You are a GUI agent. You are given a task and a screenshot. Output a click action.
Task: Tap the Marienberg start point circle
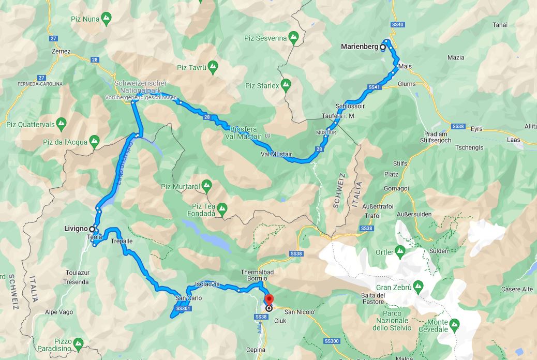(383, 47)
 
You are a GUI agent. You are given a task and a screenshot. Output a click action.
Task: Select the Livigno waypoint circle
(92, 229)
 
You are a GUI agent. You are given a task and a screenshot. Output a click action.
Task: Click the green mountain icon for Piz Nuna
(106, 20)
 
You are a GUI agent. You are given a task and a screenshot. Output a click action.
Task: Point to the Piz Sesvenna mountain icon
(293, 37)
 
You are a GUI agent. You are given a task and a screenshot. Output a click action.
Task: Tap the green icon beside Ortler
(400, 252)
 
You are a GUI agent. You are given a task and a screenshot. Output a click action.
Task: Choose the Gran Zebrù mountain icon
(419, 286)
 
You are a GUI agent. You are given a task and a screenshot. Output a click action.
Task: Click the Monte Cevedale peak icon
(455, 325)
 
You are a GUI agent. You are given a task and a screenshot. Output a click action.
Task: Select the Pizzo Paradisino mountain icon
(78, 343)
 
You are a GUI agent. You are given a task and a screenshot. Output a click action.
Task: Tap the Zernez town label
(61, 52)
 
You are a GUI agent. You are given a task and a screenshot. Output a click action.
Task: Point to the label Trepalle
(122, 242)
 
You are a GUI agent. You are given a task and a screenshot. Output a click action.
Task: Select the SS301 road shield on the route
(183, 309)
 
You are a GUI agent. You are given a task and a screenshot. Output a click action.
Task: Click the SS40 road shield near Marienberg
(398, 25)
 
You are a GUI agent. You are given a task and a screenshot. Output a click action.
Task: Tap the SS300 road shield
(333, 341)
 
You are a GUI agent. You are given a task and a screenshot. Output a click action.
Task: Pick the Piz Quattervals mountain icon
(61, 124)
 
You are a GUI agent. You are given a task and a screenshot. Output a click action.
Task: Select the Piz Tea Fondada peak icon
(222, 209)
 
